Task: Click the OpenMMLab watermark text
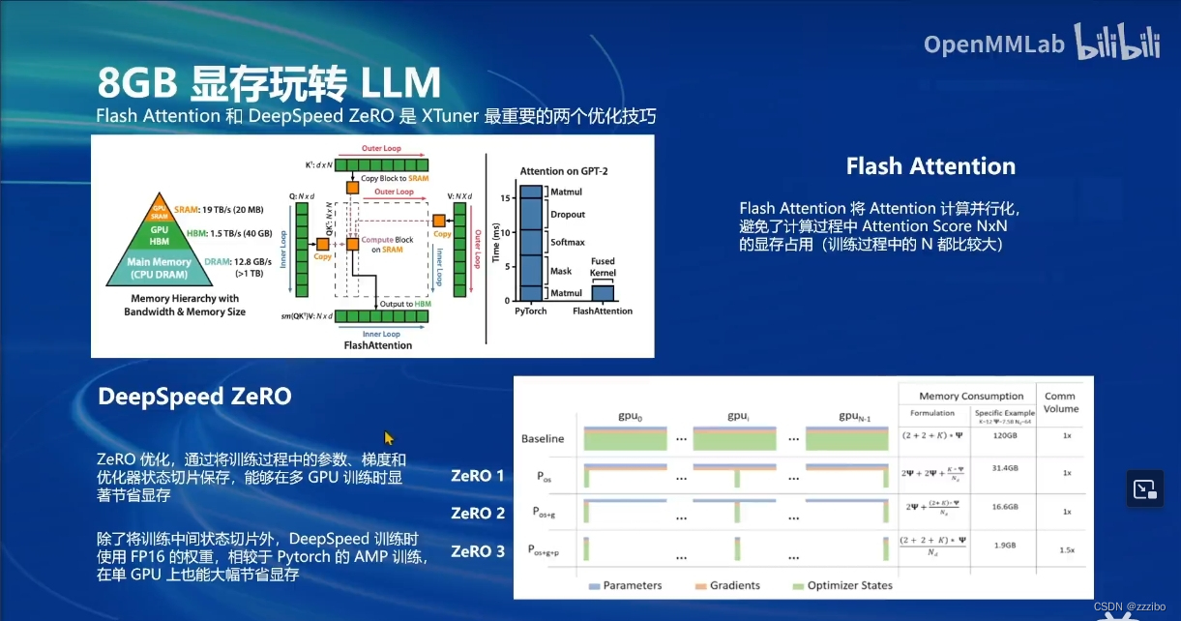[993, 44]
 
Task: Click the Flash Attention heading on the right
[930, 166]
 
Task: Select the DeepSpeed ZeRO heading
[194, 397]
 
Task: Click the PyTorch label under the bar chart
[531, 311]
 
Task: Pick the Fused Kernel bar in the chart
[602, 293]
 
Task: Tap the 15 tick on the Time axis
[505, 197]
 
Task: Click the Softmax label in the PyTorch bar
[567, 242]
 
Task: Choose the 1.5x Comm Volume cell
[1066, 548]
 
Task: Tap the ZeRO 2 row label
[478, 513]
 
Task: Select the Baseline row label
[542, 438]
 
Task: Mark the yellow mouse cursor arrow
[389, 438]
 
